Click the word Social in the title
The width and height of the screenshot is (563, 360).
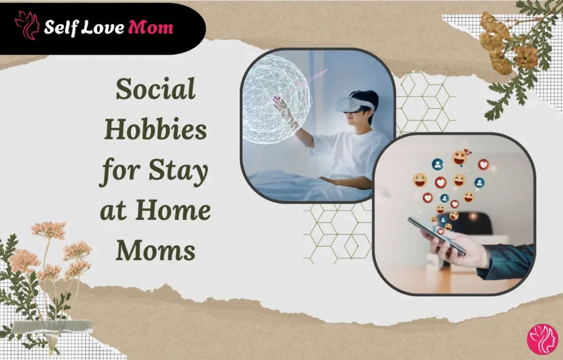point(156,90)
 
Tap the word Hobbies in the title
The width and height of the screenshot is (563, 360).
point(156,130)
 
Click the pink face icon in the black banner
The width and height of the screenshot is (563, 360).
point(26,25)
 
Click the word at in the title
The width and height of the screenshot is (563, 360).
point(114,211)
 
